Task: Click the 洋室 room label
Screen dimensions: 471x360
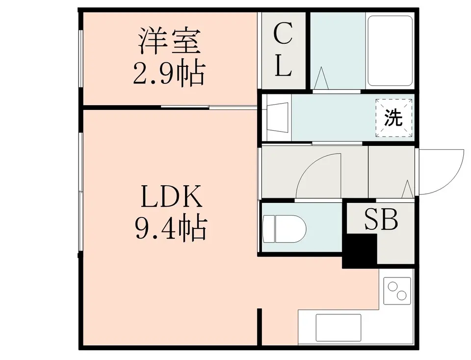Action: [x=169, y=41]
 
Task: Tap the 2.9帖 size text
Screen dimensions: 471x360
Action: [x=169, y=74]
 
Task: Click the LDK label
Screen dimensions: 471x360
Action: [x=172, y=196]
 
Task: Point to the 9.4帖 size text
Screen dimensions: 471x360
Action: [x=171, y=228]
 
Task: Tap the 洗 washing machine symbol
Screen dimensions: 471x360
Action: [x=393, y=118]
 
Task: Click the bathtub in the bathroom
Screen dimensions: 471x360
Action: [x=390, y=51]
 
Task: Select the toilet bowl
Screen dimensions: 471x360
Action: [x=284, y=228]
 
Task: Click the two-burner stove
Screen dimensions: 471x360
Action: [x=397, y=291]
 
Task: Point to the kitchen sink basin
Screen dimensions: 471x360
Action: [x=338, y=328]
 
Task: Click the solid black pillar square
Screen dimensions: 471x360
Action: [x=360, y=251]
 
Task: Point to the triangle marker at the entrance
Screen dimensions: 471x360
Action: [x=408, y=190]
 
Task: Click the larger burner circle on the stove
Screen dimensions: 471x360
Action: [x=402, y=295]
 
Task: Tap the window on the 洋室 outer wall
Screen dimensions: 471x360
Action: [x=81, y=58]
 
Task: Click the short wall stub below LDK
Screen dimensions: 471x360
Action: [x=260, y=327]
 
